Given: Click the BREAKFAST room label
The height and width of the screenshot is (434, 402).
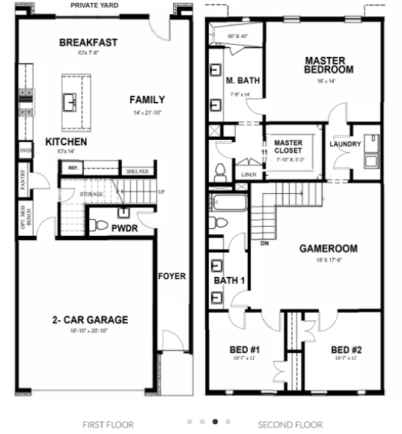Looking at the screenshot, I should point(89,43).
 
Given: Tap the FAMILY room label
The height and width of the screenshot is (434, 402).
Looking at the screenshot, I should point(147,100).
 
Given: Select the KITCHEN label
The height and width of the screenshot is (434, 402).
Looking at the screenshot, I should point(66,141).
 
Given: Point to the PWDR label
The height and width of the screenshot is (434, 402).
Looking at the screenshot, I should point(124,227).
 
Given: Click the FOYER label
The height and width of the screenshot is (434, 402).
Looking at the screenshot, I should point(171,276).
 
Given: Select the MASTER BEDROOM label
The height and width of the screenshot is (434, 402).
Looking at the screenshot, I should point(328,64).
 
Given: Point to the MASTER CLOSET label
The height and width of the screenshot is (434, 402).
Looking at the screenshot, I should point(288,147).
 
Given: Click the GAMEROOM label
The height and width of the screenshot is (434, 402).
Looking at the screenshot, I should point(328,248).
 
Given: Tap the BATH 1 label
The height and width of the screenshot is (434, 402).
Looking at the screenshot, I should point(229,281).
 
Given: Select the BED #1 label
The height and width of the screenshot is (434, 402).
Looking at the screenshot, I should point(244,349).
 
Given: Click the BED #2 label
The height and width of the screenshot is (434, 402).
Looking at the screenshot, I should point(346,349).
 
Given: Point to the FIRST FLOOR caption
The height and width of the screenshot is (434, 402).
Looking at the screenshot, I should point(108,424).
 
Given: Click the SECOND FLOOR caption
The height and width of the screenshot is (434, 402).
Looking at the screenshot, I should point(290,424).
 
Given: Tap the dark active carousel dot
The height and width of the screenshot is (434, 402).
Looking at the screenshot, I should point(216,422).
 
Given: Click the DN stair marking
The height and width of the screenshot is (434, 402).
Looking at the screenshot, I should point(264,243).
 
